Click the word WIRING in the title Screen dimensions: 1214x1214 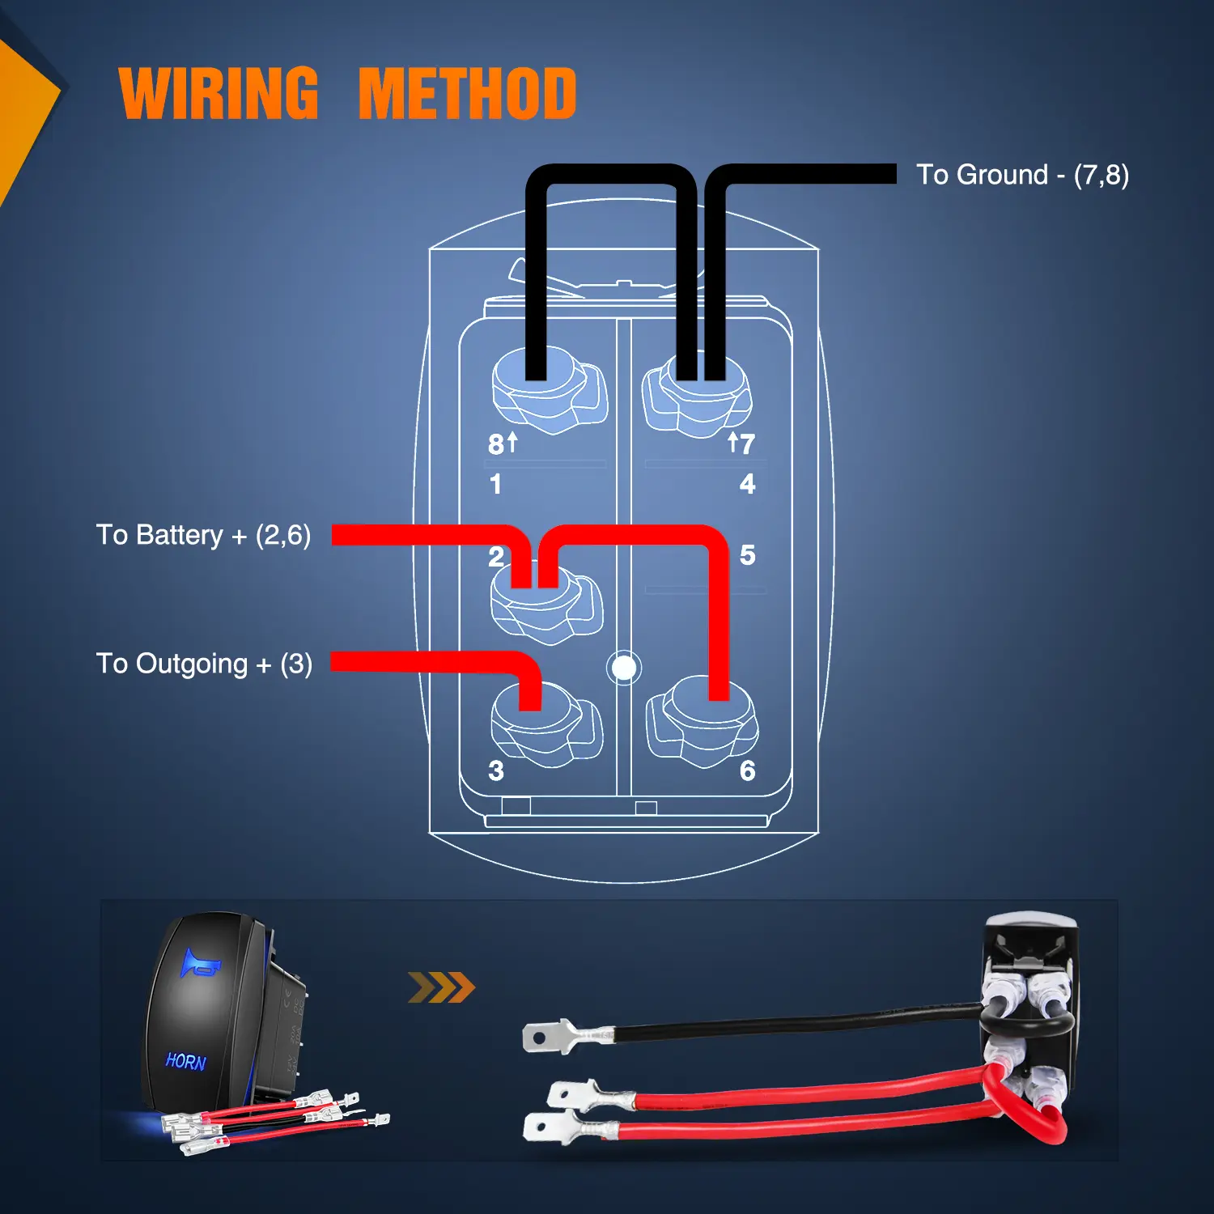coord(219,94)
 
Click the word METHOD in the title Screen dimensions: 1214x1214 coord(467,94)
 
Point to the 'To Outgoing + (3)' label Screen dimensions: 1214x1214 coord(204,664)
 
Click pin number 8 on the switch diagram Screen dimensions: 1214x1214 coord(495,444)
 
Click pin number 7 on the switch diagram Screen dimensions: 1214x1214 coord(747,444)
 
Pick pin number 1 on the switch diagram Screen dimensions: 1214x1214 coord(495,484)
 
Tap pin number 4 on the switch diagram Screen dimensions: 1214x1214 coord(747,484)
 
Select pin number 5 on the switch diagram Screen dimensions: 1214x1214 coord(747,555)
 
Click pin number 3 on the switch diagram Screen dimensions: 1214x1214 coord(496,770)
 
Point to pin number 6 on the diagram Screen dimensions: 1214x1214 coord(747,770)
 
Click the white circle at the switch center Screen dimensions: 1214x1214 coord(624,668)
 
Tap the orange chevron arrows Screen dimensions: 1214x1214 coord(441,987)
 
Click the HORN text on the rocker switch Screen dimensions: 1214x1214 coord(186,1061)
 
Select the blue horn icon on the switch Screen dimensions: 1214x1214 coord(199,964)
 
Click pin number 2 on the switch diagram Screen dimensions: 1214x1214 coord(496,557)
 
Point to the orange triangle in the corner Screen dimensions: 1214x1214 coord(24,105)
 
